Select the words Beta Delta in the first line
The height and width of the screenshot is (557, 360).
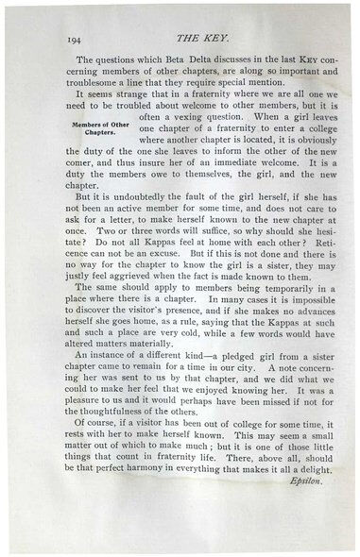point(176,59)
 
